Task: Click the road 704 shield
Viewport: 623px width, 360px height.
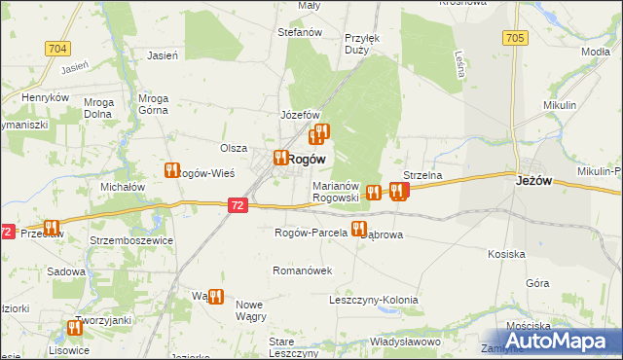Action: [57, 48]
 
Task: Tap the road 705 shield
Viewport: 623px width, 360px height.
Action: [516, 38]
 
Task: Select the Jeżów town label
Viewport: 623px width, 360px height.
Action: [533, 179]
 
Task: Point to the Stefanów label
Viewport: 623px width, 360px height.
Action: [300, 32]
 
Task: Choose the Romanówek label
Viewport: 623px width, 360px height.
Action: [304, 270]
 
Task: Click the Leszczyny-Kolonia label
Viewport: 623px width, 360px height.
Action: [374, 300]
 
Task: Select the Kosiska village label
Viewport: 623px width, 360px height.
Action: [507, 254]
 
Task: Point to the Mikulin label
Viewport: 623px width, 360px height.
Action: [560, 104]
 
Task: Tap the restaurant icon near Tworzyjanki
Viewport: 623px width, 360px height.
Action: [76, 329]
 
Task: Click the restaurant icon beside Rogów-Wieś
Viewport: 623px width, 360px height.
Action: [173, 170]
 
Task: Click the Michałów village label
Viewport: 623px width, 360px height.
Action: [123, 186]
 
